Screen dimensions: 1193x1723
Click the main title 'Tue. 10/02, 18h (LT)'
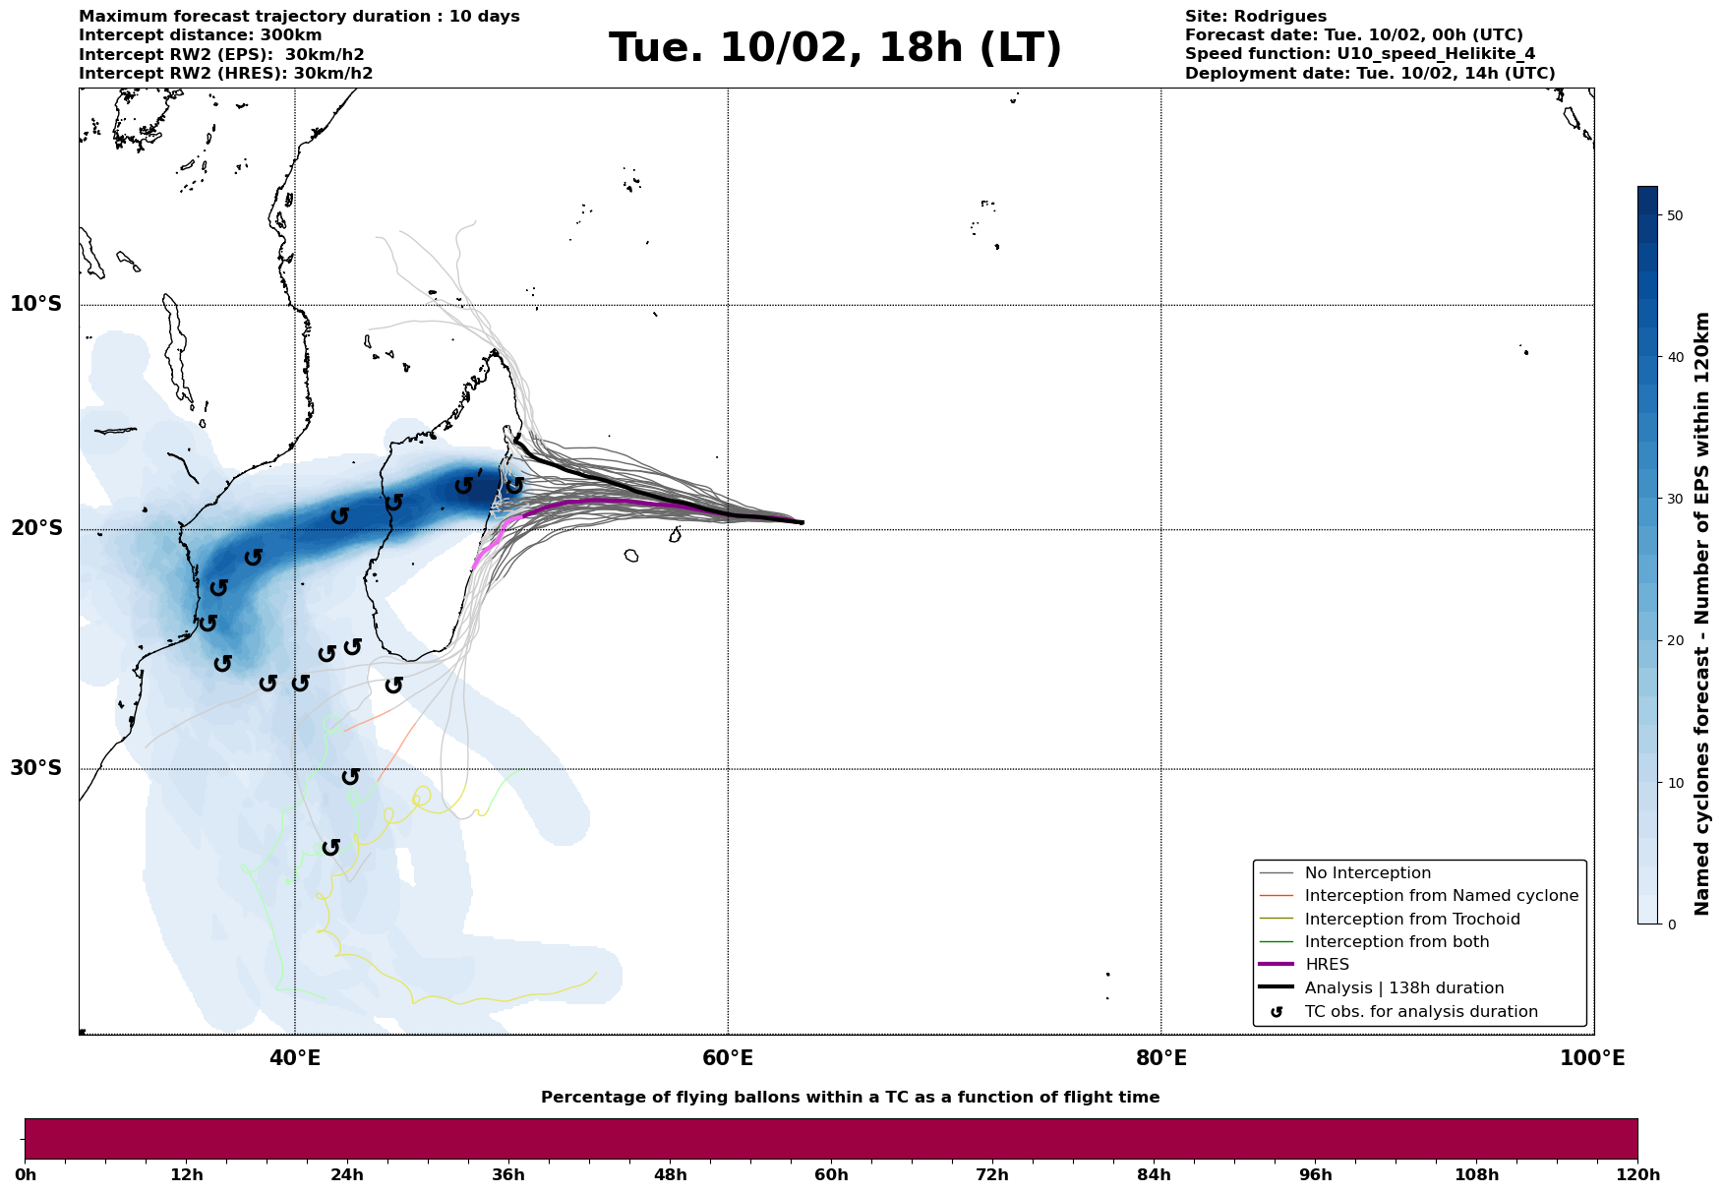click(x=835, y=48)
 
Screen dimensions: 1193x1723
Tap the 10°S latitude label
click(x=36, y=304)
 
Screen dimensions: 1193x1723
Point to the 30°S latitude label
click(x=36, y=768)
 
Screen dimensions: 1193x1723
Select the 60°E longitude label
click(x=728, y=1058)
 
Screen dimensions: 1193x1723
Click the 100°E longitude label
click(x=1593, y=1058)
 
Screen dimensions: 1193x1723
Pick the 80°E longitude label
click(x=1160, y=1058)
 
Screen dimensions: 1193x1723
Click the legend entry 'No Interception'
click(x=1367, y=873)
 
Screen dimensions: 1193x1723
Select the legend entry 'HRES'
click(x=1327, y=965)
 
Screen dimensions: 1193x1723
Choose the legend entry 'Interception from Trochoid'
click(x=1411, y=920)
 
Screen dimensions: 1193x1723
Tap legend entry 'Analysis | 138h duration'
click(x=1403, y=988)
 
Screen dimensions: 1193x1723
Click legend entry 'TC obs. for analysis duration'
click(x=1420, y=1012)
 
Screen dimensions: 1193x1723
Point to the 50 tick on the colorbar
click(x=1675, y=215)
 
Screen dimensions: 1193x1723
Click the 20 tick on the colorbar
click(x=1675, y=641)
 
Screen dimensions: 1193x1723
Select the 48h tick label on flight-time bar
click(x=670, y=1175)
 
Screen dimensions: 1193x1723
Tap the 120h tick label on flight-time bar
click(x=1637, y=1175)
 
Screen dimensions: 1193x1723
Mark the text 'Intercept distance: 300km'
click(x=201, y=35)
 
